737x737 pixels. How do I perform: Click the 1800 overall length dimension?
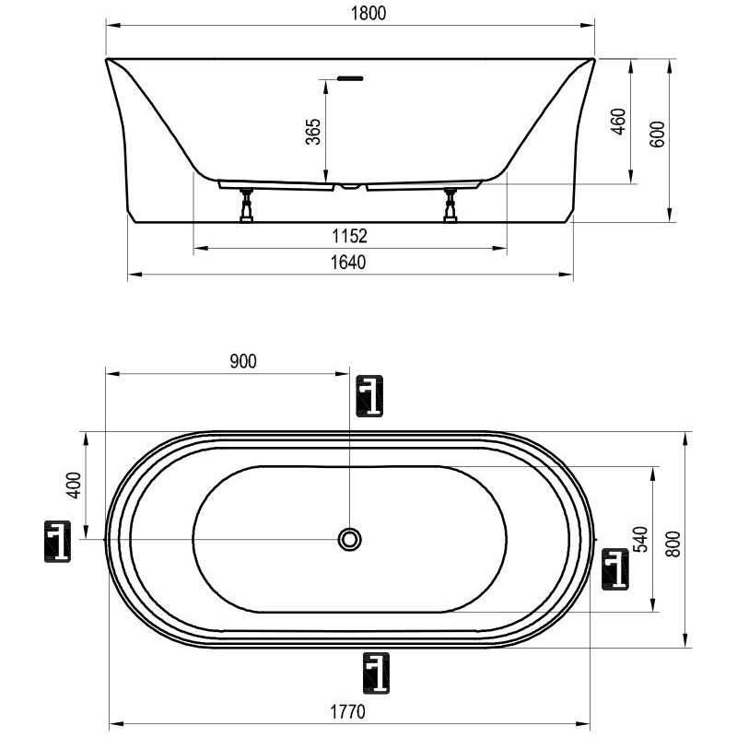(368, 13)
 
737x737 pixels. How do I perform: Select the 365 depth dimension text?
(313, 132)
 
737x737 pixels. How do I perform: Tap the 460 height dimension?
(619, 122)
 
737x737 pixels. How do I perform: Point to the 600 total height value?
(658, 134)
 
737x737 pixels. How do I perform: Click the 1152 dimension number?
(350, 236)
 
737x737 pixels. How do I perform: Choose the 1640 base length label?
(348, 263)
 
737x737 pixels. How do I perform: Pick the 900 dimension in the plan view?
(243, 361)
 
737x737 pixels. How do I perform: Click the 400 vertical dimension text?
(74, 485)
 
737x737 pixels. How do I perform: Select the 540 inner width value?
(640, 539)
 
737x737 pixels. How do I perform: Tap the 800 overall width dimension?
(673, 544)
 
